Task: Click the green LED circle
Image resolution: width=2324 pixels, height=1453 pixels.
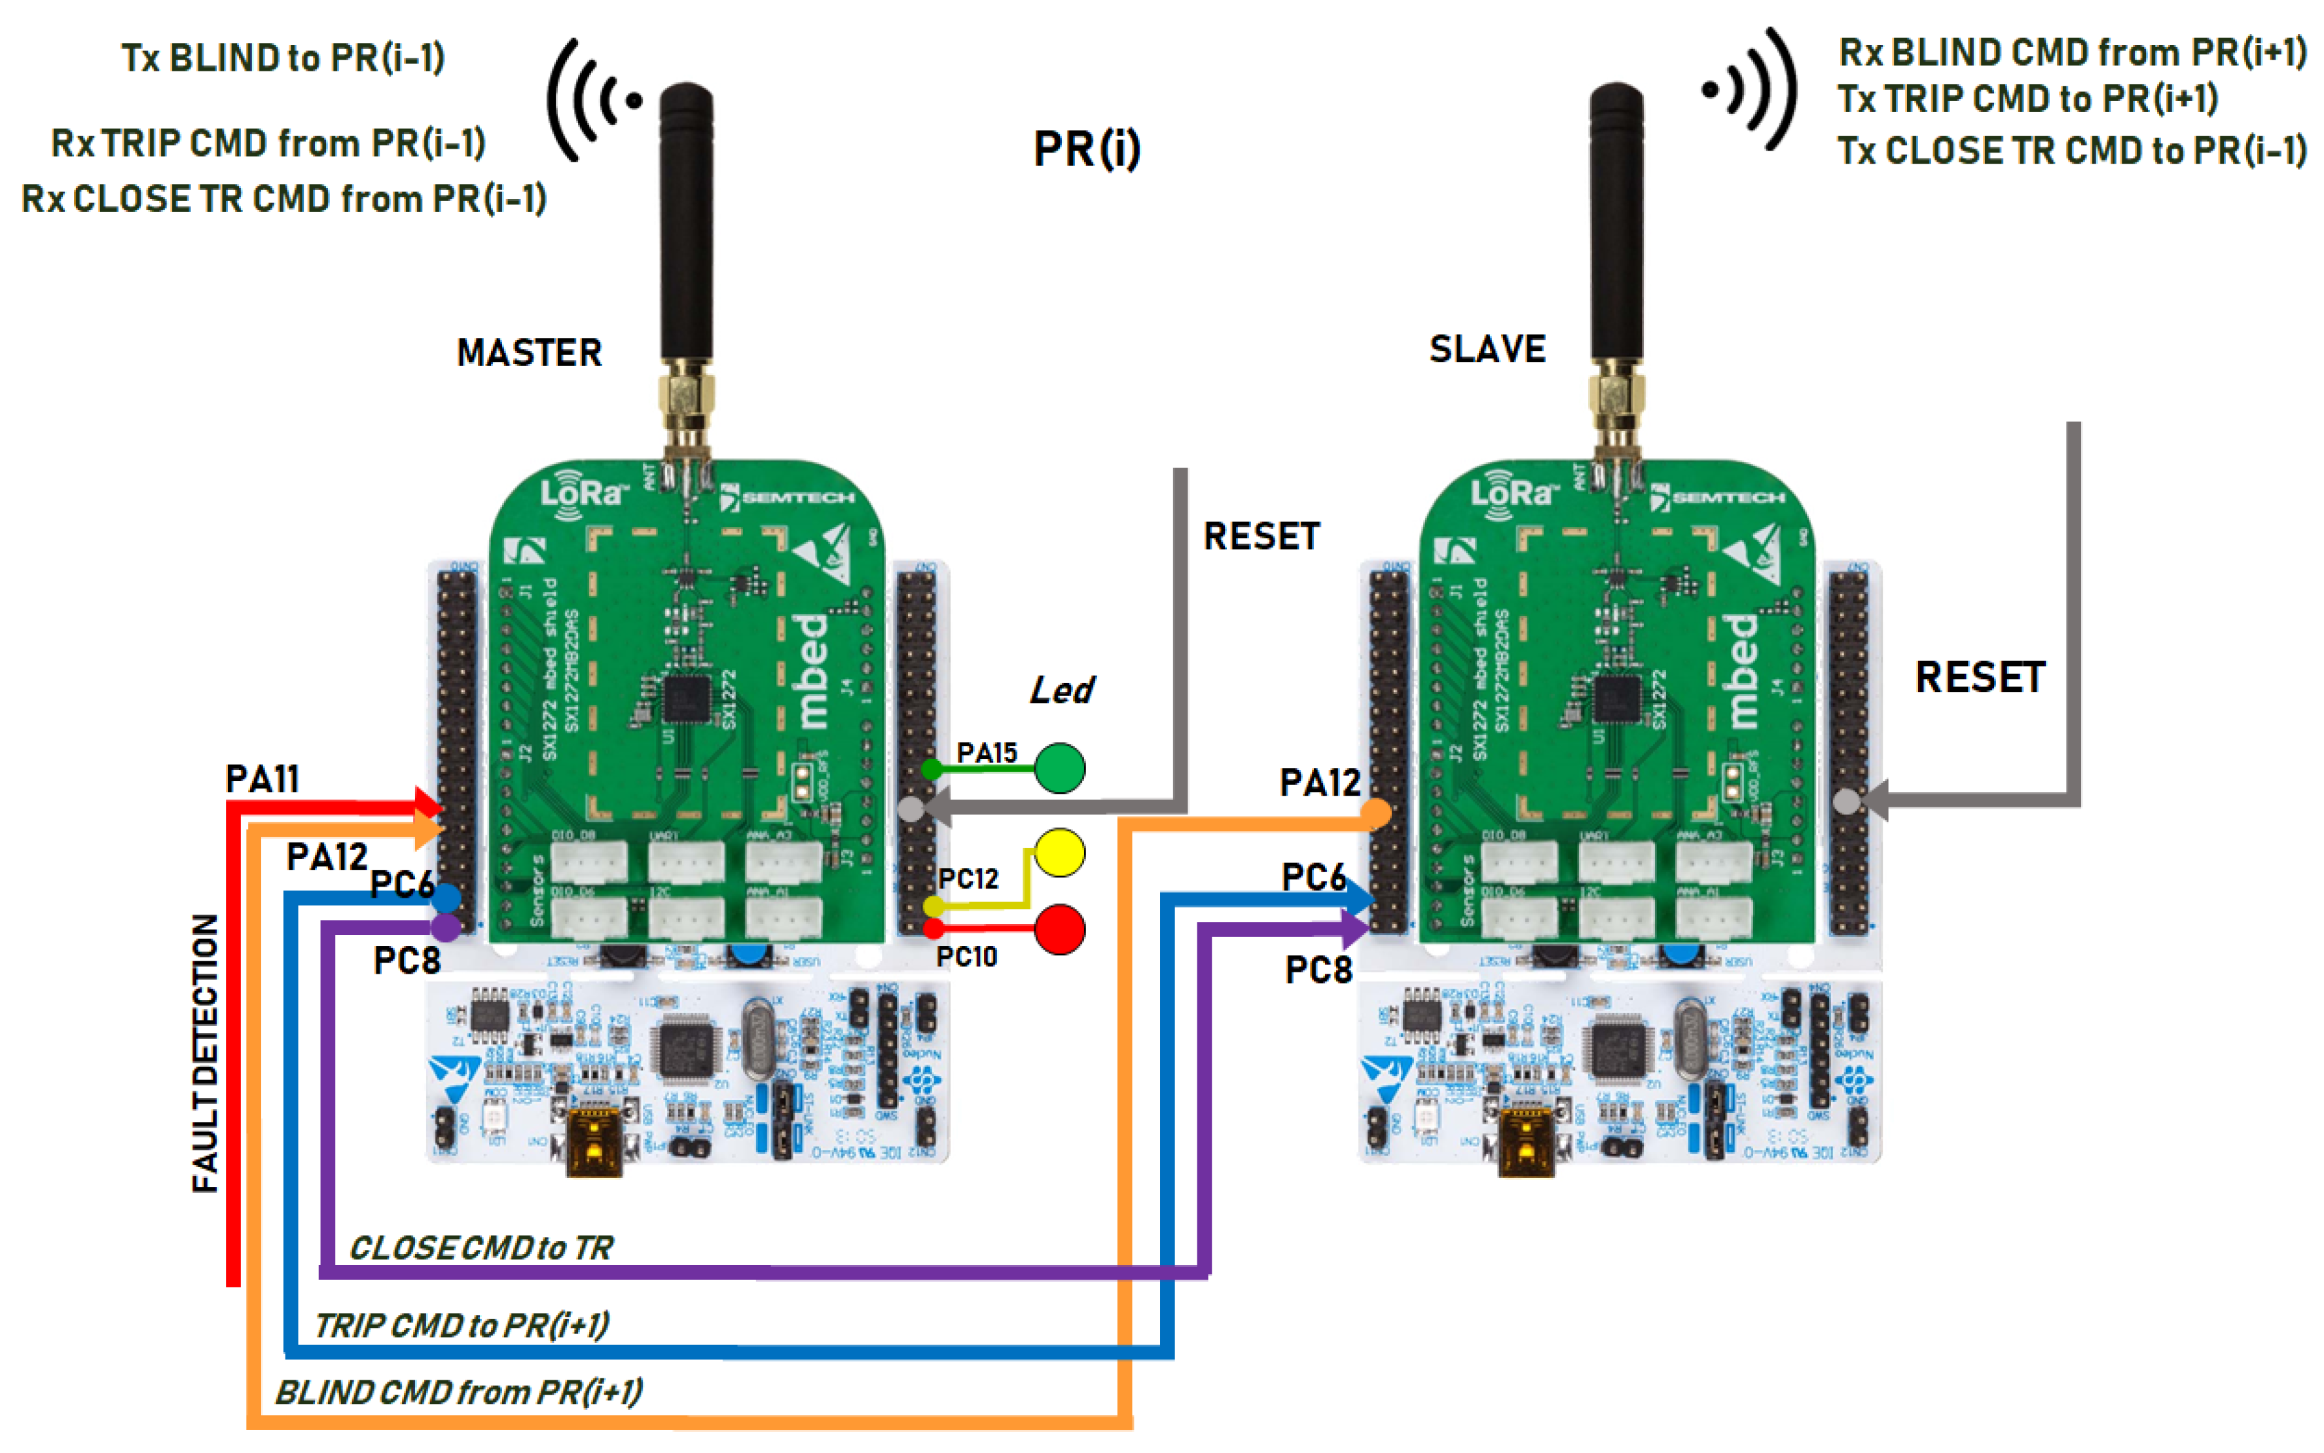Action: pyautogui.click(x=1060, y=768)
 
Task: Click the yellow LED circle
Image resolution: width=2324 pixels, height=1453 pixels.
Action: pyautogui.click(x=1060, y=853)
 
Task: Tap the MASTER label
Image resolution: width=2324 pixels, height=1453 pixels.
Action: pyautogui.click(x=530, y=353)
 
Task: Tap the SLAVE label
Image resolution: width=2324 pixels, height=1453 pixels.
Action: pyautogui.click(x=1487, y=349)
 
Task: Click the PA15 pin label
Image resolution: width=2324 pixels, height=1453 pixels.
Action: pyautogui.click(x=987, y=754)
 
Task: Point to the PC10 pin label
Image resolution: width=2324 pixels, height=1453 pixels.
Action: pyautogui.click(x=966, y=957)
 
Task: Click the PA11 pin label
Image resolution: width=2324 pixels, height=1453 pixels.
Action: pyautogui.click(x=263, y=779)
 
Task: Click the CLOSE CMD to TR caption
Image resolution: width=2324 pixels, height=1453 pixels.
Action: pyautogui.click(x=481, y=1247)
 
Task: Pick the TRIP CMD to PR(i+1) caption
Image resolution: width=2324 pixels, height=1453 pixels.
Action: pyautogui.click(x=461, y=1325)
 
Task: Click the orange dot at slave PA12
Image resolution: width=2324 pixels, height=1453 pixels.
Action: pyautogui.click(x=1376, y=814)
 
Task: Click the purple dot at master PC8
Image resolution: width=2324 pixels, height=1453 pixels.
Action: pyautogui.click(x=445, y=927)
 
